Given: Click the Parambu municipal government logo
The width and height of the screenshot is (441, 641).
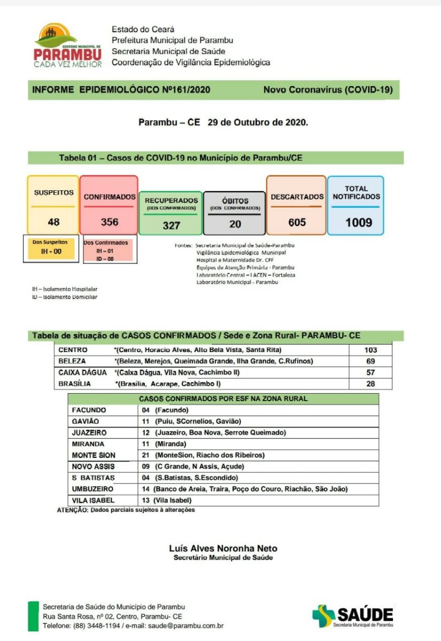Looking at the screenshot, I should pyautogui.click(x=67, y=46).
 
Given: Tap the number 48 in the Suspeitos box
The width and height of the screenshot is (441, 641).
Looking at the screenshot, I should pyautogui.click(x=53, y=222).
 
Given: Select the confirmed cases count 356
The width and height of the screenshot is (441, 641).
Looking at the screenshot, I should pyautogui.click(x=110, y=222).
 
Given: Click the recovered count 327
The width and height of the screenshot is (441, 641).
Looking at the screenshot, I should pyautogui.click(x=171, y=225).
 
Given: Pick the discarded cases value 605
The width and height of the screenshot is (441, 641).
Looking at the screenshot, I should pyautogui.click(x=297, y=222).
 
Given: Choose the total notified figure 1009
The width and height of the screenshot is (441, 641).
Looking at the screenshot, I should pyautogui.click(x=358, y=222).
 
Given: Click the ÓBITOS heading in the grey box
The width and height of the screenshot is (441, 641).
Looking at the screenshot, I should pyautogui.click(x=235, y=201).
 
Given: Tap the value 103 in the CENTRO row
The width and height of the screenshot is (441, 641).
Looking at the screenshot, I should pyautogui.click(x=370, y=350).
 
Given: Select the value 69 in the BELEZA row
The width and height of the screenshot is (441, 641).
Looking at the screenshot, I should pyautogui.click(x=370, y=362).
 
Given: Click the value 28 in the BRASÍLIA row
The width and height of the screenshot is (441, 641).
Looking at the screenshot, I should pyautogui.click(x=370, y=384).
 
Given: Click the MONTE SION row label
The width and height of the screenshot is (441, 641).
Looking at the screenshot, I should pyautogui.click(x=93, y=455).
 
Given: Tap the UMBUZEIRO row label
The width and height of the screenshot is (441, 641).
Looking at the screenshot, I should pyautogui.click(x=92, y=489).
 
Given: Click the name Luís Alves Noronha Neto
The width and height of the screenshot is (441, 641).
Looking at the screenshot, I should pyautogui.click(x=223, y=549).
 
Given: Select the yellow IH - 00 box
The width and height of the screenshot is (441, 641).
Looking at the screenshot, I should pyautogui.click(x=51, y=250).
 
